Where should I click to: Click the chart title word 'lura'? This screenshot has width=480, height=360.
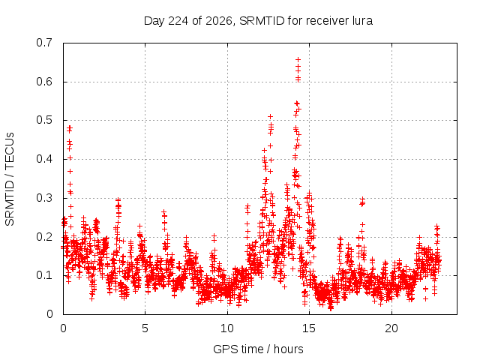(x=362, y=21)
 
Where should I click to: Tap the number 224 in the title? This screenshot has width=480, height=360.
(x=178, y=21)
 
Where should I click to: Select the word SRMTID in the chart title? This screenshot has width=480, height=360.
(x=262, y=21)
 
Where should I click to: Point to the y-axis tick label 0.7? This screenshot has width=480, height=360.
(x=44, y=43)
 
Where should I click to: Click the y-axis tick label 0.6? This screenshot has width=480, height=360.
(x=44, y=82)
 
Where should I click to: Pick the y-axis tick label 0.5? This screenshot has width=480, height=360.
(x=44, y=120)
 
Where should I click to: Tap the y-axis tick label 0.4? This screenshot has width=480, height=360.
(x=44, y=159)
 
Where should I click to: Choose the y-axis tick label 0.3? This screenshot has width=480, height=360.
(x=44, y=198)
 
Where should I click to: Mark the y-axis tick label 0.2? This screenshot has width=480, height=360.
(x=44, y=237)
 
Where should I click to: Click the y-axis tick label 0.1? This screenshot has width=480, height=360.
(x=44, y=275)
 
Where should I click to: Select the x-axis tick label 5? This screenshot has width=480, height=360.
(x=145, y=328)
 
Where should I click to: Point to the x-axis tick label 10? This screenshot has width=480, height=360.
(x=226, y=328)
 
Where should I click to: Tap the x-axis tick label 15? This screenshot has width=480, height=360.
(x=309, y=328)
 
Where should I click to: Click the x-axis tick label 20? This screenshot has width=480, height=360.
(x=391, y=328)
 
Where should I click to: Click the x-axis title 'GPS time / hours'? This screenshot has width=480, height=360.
(x=258, y=349)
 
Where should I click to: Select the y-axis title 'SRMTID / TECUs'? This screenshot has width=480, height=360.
(x=10, y=179)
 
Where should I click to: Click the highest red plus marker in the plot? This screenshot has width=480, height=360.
(x=298, y=59)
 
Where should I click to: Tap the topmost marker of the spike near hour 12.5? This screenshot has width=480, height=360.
(x=270, y=117)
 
